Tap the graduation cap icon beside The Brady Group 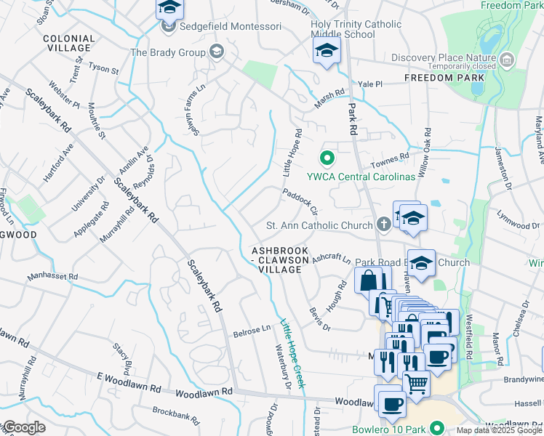point(216,52)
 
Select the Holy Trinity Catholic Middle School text point(356,29)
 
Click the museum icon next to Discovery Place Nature point(508,58)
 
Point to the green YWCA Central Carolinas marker point(327,157)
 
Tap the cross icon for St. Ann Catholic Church point(383,225)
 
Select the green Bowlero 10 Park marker point(436,428)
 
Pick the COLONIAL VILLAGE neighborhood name point(69,43)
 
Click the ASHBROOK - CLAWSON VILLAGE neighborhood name point(276,259)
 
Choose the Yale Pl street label point(369,84)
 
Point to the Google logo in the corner point(23,428)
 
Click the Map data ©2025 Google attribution point(498,430)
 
